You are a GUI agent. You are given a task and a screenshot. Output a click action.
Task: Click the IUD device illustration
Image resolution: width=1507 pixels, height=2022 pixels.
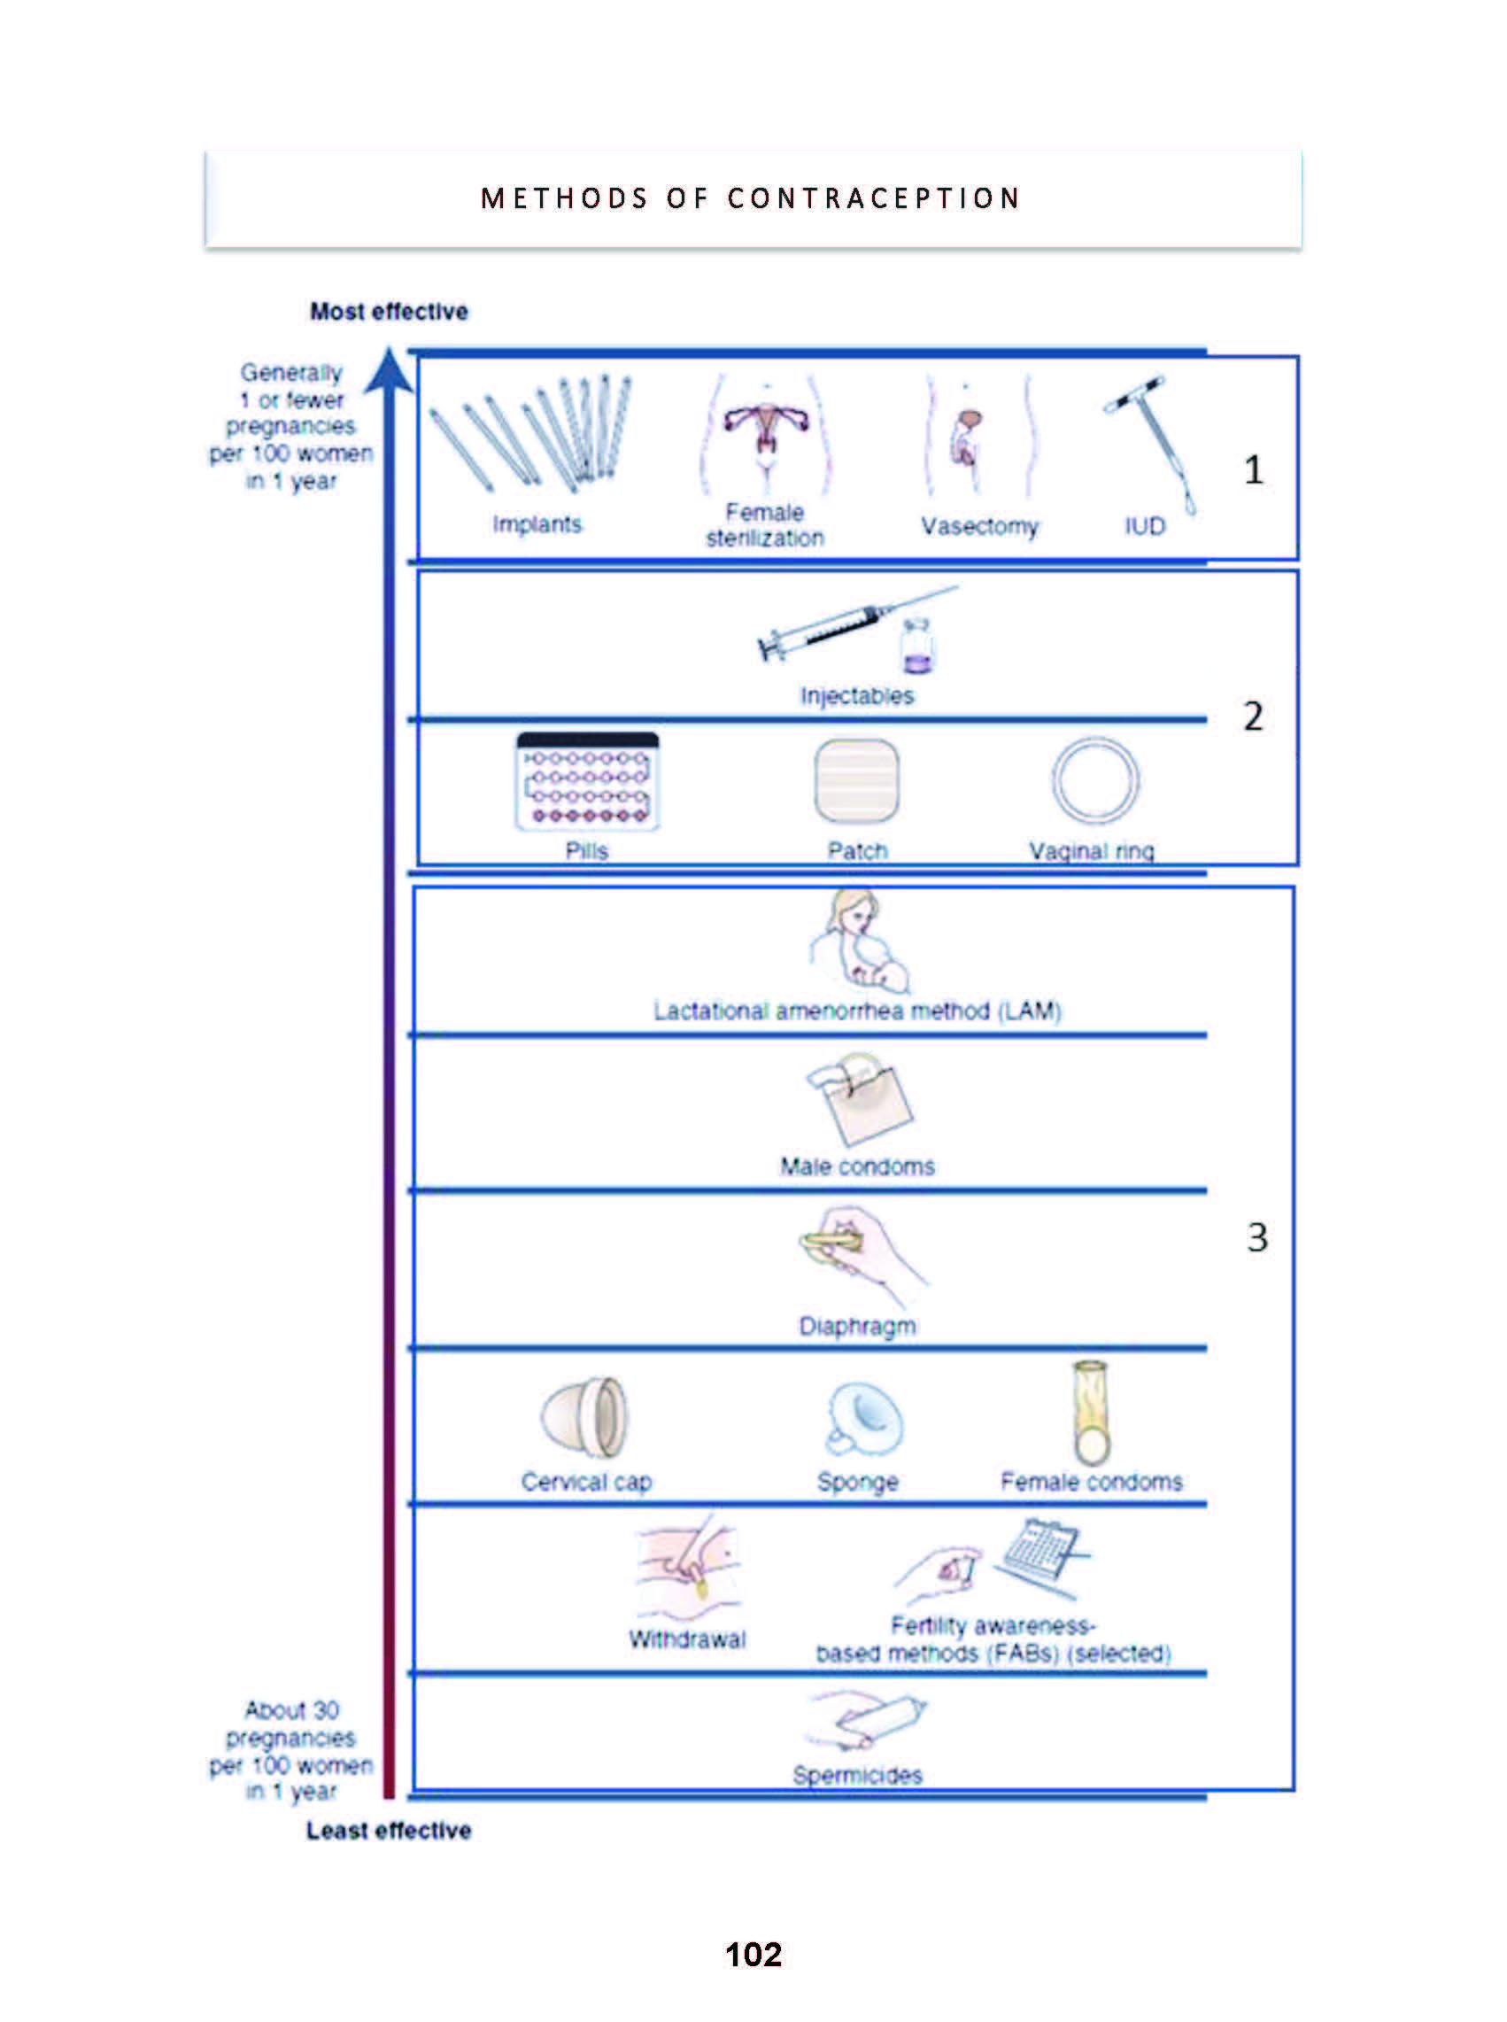pyautogui.click(x=1152, y=442)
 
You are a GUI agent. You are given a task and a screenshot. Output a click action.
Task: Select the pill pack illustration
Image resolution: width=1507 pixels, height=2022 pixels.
pyautogui.click(x=586, y=781)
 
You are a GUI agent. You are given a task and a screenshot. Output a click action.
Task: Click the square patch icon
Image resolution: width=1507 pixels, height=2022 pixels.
pyautogui.click(x=855, y=781)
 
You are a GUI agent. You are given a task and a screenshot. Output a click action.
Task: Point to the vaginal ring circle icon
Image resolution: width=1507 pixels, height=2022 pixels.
pyautogui.click(x=1094, y=781)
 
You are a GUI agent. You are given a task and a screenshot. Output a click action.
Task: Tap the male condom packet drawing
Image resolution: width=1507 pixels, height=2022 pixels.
pyautogui.click(x=860, y=1099)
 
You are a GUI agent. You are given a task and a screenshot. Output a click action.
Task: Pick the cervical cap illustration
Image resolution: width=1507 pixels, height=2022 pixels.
pyautogui.click(x=584, y=1419)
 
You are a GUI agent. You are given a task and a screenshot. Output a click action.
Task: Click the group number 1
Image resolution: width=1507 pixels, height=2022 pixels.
pyautogui.click(x=1254, y=470)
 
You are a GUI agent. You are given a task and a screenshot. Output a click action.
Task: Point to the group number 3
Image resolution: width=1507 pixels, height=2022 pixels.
pyautogui.click(x=1257, y=1238)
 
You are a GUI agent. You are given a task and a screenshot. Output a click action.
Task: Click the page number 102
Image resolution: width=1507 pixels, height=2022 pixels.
pyautogui.click(x=753, y=1954)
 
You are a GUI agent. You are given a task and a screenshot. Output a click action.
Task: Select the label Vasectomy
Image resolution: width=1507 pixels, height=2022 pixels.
pyautogui.click(x=978, y=526)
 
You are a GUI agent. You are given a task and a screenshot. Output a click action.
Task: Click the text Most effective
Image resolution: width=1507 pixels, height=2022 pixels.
pyautogui.click(x=389, y=311)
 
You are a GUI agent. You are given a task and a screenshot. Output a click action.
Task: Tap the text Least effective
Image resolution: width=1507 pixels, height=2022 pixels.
pyautogui.click(x=389, y=1830)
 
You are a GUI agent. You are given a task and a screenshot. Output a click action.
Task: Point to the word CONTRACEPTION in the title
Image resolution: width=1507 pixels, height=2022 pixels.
pyautogui.click(x=873, y=199)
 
